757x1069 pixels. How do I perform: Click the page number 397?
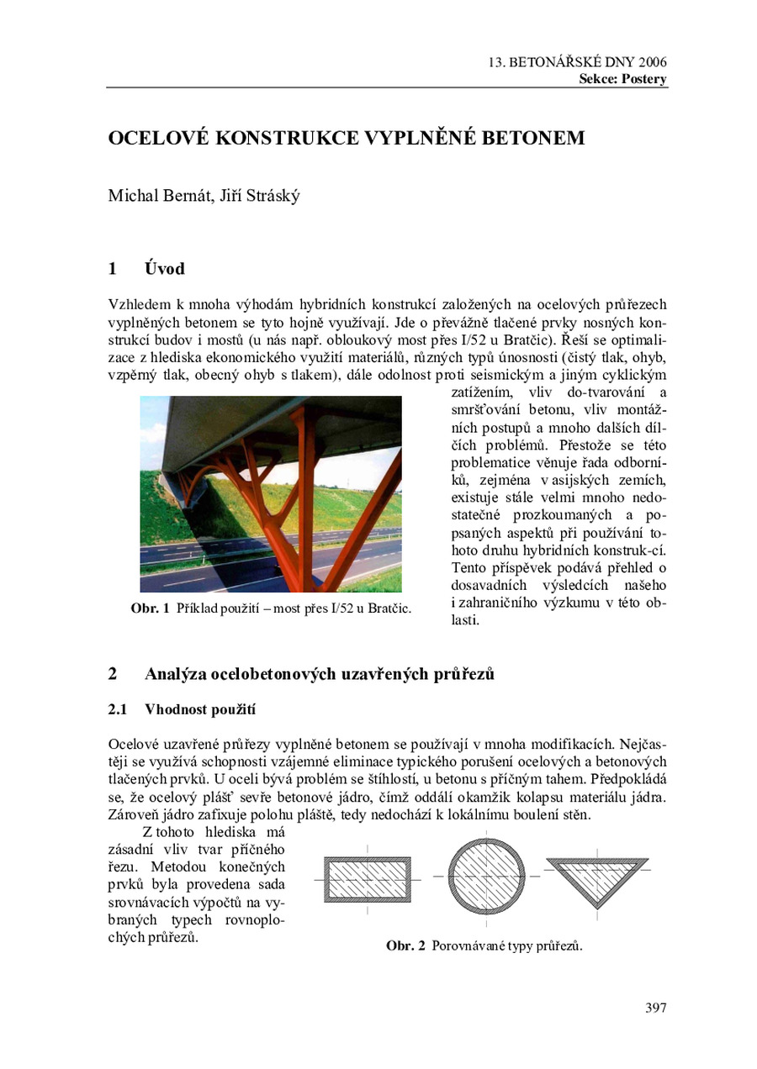tap(655, 1008)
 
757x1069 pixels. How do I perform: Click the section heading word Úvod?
tap(164, 270)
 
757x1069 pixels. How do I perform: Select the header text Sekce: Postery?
tap(622, 80)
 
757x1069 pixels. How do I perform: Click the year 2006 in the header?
tap(653, 63)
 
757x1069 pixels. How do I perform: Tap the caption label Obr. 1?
tap(151, 608)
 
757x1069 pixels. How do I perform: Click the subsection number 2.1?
tap(118, 709)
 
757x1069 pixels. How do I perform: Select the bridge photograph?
tap(271, 494)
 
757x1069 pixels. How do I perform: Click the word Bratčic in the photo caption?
tap(389, 608)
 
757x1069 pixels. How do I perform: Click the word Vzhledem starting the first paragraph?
tap(139, 303)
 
